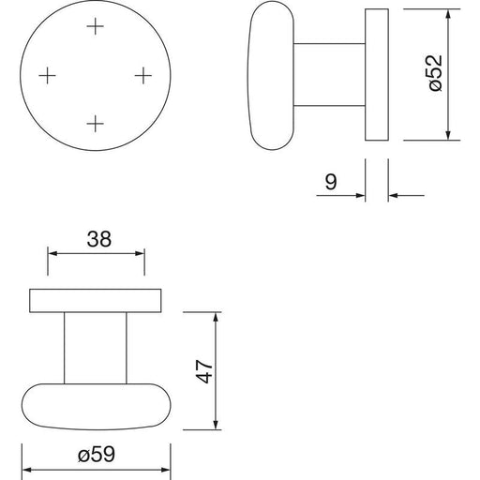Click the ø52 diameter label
click(x=436, y=73)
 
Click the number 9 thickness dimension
click(x=331, y=182)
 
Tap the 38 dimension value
click(x=98, y=239)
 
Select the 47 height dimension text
click(x=204, y=371)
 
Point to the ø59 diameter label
click(x=97, y=454)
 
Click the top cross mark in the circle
click(x=95, y=26)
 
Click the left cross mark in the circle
click(x=47, y=75)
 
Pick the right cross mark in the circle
click(x=143, y=75)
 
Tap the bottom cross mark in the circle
click(x=95, y=124)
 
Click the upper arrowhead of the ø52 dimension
click(x=448, y=14)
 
